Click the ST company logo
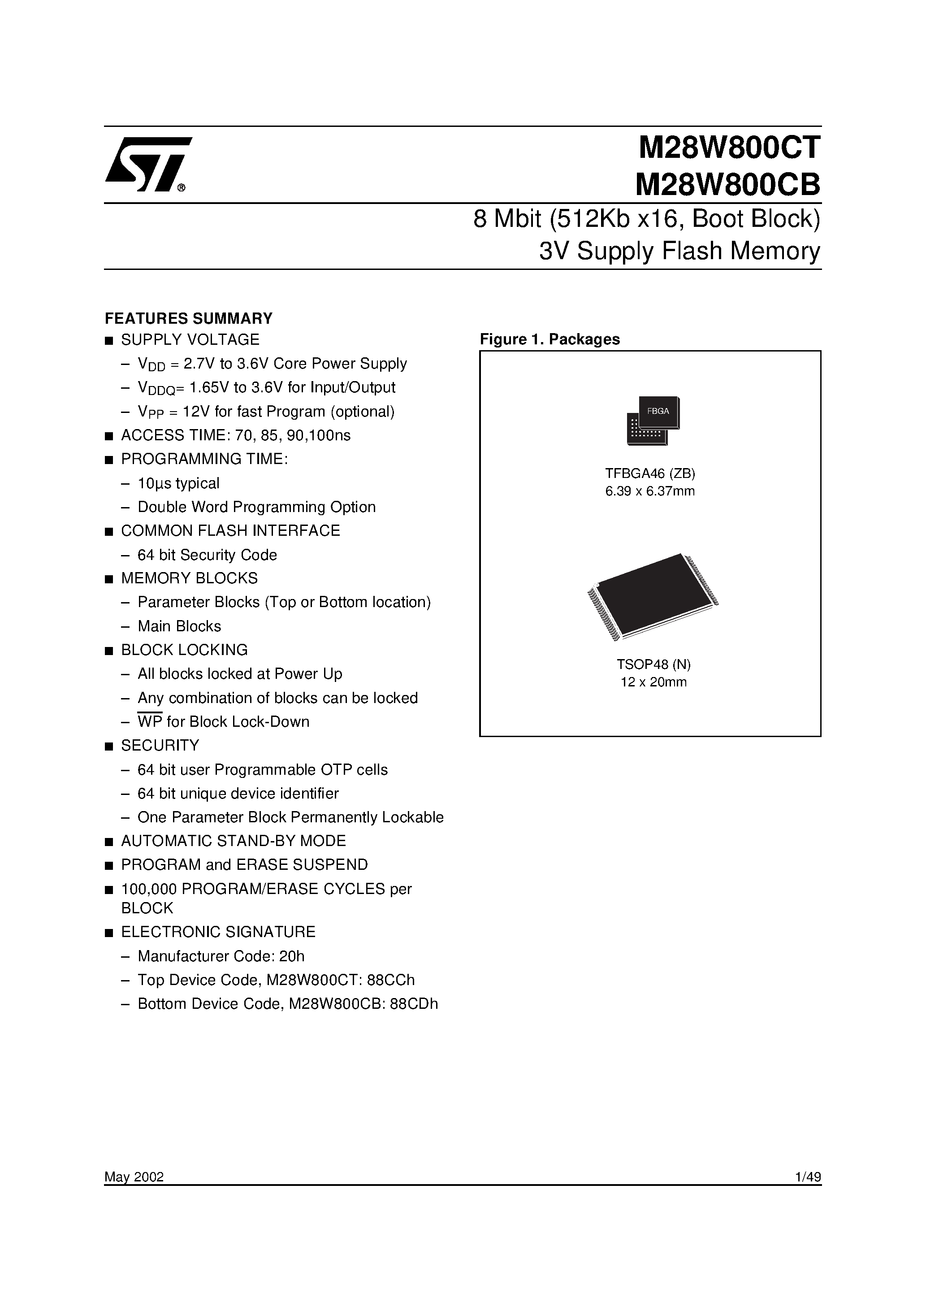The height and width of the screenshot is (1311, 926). [x=147, y=164]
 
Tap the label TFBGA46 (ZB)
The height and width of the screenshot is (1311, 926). [x=650, y=473]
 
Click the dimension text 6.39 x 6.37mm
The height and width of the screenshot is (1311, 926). [x=650, y=491]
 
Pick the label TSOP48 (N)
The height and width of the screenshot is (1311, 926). [x=653, y=664]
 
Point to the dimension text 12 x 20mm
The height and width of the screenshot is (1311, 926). [x=653, y=682]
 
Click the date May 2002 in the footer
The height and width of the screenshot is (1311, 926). [x=134, y=1177]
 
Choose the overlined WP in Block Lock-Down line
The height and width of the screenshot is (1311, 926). [x=150, y=722]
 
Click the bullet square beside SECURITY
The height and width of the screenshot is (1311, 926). [x=108, y=746]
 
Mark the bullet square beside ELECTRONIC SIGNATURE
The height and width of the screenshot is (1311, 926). [x=108, y=933]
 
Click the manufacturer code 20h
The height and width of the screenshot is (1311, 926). [x=292, y=956]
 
